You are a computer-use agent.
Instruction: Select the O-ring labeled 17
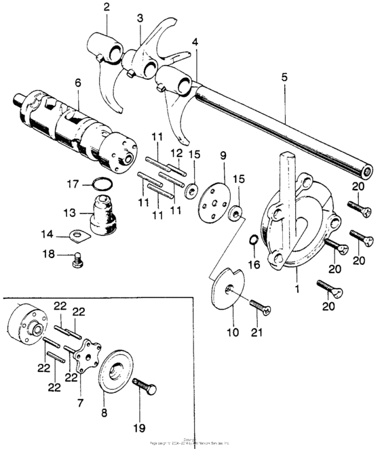point(101,183)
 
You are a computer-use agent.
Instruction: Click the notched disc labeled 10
point(227,289)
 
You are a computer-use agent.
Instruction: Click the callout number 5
point(284,79)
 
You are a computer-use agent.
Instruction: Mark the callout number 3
point(140,17)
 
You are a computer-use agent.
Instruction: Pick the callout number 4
point(195,42)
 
